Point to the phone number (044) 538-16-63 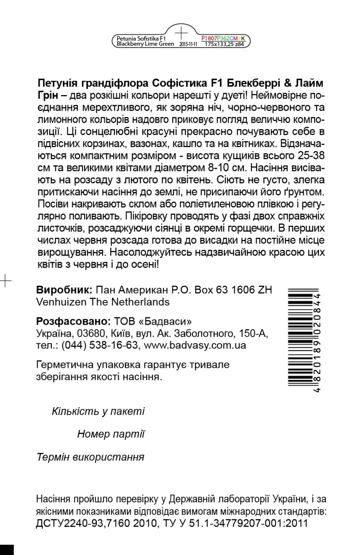click(95, 345)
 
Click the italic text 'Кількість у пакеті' click(98, 411)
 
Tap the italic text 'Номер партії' click(111, 434)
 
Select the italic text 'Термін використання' click(90, 457)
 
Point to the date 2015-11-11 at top click(189, 45)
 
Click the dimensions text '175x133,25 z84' click(224, 45)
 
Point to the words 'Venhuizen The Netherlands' click(103, 301)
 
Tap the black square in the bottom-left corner click(7, 550)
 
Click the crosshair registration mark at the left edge click(5, 280)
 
